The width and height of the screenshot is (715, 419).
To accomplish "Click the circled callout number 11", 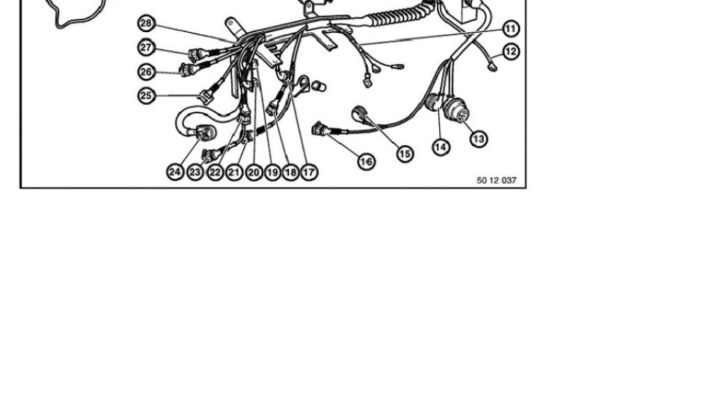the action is pos(511,29).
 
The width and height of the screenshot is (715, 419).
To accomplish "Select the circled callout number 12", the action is pos(511,52).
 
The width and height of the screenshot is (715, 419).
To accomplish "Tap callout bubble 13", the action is pos(478,138).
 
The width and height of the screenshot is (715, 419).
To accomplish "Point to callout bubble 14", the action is pos(441,147).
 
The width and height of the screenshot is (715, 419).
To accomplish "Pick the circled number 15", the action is pos(405,154).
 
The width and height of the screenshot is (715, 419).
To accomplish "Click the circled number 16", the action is pos(366,161).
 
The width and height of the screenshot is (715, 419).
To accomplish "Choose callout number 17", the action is pos(309,172).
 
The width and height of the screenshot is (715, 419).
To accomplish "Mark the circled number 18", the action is pos(290,172).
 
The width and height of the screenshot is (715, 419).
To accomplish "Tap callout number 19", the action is pos(272,172).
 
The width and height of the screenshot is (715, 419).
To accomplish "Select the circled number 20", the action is pos(254,172).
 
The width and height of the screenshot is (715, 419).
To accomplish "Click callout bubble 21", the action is pos(234,172).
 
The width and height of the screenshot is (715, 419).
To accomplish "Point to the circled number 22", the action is pos(215,172).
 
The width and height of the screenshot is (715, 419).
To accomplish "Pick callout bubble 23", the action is pos(196,172).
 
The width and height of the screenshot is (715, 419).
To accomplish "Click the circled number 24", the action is pos(175,172).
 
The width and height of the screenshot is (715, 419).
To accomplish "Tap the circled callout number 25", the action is pos(147,96).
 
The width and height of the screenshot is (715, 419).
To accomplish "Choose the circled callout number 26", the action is pos(147,72).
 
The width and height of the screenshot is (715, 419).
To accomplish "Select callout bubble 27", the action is pos(147,47).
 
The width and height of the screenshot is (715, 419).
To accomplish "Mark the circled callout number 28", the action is pos(147,23).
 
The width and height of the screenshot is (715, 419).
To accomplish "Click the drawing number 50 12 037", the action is pos(496,181).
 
